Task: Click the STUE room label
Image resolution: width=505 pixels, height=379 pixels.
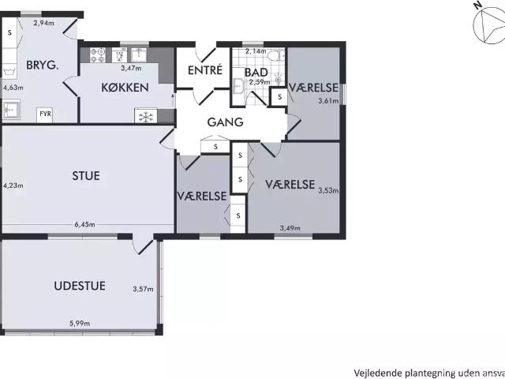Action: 85,175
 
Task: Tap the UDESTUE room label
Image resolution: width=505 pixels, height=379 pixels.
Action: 80,285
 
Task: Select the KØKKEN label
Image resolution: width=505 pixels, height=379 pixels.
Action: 125,88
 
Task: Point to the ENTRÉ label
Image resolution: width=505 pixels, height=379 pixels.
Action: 204,71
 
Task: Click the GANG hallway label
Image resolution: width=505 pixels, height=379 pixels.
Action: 225,122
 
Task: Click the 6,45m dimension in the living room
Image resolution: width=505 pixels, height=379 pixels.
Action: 84,224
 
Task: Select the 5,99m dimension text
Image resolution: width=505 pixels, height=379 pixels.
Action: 79,323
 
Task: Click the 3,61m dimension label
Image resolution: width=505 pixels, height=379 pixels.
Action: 327,100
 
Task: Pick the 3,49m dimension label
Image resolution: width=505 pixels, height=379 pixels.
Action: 290,229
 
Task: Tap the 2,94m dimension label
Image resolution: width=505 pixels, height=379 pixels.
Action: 43,24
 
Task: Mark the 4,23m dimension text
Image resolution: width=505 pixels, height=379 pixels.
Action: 13,186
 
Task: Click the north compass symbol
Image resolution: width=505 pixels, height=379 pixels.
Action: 488,26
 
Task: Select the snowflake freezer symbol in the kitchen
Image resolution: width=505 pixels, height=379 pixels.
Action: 144,116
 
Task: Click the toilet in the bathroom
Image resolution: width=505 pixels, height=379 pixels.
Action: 272,57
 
